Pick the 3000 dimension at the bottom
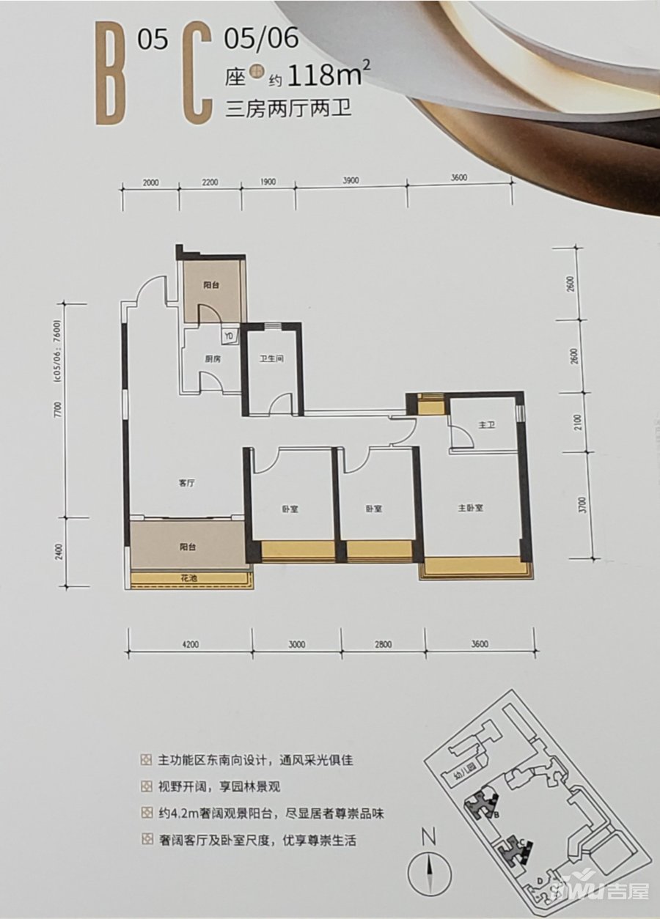click(x=296, y=645)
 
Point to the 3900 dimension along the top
click(x=351, y=180)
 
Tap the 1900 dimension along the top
click(x=268, y=180)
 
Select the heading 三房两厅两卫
click(x=289, y=111)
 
